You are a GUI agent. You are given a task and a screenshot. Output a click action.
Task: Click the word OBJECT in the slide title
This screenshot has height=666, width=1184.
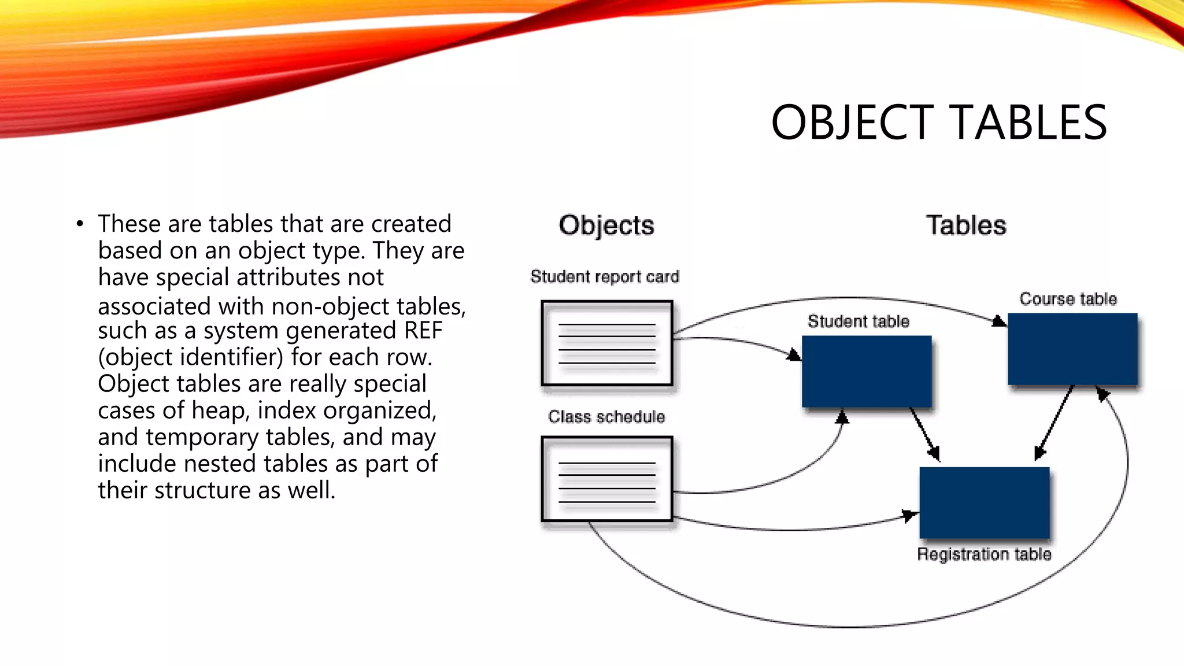(852, 123)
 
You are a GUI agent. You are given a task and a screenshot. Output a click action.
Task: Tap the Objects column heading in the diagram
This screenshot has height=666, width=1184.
(606, 225)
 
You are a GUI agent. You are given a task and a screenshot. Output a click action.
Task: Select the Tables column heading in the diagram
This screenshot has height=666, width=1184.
(965, 225)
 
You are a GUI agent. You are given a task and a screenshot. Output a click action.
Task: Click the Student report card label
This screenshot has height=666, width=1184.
(605, 277)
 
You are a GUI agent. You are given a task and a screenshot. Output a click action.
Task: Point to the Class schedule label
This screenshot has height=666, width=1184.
(606, 417)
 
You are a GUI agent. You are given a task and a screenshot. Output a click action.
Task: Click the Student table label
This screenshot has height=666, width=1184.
(858, 321)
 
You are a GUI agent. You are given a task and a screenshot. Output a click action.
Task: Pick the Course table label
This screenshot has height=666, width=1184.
(1068, 299)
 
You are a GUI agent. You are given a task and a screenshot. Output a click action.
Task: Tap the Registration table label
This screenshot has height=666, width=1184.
(984, 554)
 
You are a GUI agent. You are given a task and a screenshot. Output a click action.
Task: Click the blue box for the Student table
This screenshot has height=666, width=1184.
(866, 372)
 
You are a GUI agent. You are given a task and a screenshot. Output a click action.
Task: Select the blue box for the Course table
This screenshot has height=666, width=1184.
(1072, 349)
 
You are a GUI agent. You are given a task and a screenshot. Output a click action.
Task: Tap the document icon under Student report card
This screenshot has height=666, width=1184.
(607, 343)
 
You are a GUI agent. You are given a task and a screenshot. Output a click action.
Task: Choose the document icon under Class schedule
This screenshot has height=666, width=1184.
(607, 479)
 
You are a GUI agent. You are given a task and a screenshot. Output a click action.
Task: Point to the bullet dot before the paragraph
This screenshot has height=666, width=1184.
(80, 224)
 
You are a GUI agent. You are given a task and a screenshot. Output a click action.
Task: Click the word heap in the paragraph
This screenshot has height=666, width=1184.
(220, 410)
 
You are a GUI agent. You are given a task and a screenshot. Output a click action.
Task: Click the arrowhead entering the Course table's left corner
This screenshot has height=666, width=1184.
(999, 321)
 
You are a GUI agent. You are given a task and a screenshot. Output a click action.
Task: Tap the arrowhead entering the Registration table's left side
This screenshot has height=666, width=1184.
(910, 515)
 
